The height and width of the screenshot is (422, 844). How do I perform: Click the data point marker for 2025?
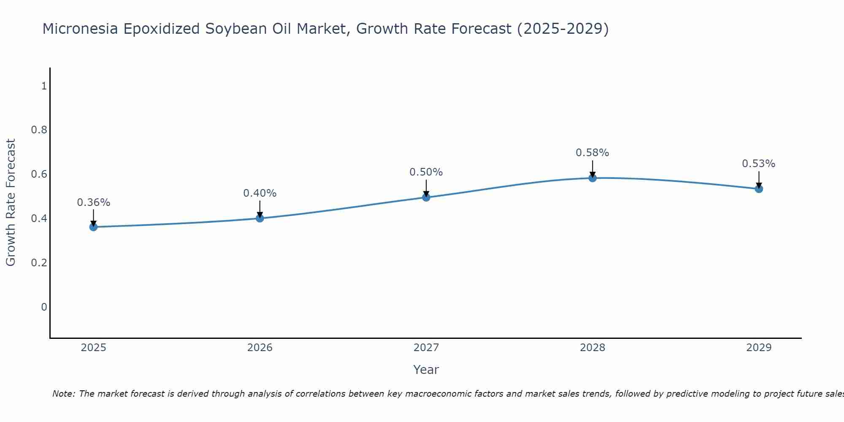[93, 227]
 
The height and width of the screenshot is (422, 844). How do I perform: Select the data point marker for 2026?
[260, 218]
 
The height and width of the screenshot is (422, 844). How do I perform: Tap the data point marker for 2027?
[426, 197]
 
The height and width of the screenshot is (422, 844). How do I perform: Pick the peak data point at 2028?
[592, 178]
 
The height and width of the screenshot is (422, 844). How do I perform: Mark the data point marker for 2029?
[759, 189]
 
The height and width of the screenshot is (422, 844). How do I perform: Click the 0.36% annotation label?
[93, 203]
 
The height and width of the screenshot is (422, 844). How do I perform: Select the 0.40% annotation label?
[260, 193]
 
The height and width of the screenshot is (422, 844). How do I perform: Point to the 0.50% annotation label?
[426, 172]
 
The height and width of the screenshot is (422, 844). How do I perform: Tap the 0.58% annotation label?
[592, 153]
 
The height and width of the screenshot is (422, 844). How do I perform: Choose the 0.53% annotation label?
[759, 164]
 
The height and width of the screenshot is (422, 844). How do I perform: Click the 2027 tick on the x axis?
[426, 348]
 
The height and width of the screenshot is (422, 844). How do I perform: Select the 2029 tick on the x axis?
[759, 348]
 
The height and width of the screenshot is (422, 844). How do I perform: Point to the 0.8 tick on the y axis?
[39, 130]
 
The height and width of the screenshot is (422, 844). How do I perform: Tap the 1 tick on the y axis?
[44, 86]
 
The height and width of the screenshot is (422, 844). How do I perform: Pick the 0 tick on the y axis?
[44, 307]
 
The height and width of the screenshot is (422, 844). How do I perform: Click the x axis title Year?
[426, 370]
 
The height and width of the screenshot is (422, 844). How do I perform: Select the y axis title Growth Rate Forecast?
[11, 203]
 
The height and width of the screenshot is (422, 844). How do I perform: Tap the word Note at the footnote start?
[63, 394]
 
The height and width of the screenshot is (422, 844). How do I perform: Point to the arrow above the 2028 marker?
[592, 169]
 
